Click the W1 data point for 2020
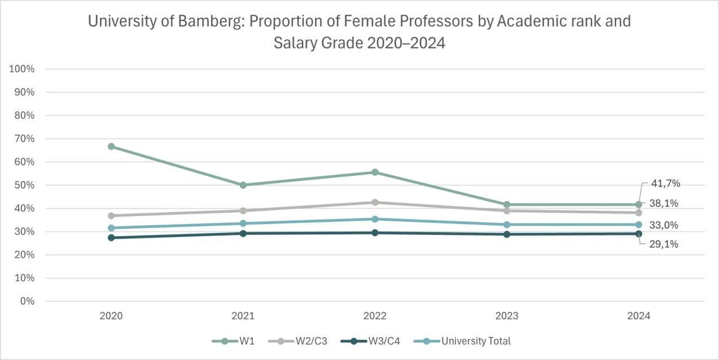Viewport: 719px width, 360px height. (111, 147)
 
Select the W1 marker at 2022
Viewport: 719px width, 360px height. (375, 172)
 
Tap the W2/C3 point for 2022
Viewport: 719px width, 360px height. (375, 202)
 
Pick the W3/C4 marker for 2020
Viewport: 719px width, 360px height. (111, 238)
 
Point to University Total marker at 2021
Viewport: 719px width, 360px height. (243, 223)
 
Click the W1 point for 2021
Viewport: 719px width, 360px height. (243, 185)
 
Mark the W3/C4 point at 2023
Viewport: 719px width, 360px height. (507, 234)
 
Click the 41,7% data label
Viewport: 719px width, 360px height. (665, 183)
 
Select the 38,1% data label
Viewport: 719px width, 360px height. (664, 203)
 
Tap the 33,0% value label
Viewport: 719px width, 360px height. (664, 225)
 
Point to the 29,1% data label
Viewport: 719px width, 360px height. (664, 244)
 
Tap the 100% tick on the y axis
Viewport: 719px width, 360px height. (22, 69)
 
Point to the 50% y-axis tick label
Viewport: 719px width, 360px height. (24, 185)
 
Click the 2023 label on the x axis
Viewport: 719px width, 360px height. (507, 316)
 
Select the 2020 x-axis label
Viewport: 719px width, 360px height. (111, 316)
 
